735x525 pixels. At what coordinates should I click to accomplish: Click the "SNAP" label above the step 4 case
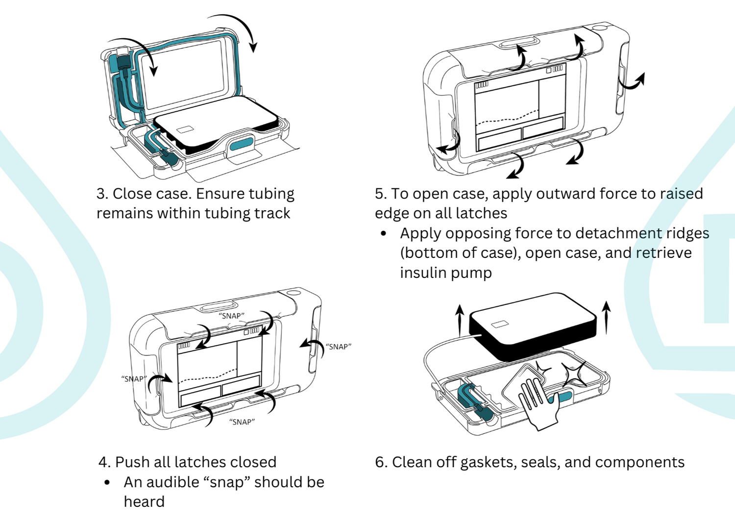coord(231,316)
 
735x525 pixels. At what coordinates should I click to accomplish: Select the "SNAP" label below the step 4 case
coord(242,422)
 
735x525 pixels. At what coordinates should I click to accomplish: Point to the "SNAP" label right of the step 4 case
coord(338,347)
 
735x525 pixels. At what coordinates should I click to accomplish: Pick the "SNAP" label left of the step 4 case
coord(133,379)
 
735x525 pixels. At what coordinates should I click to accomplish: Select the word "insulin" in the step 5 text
coord(421,273)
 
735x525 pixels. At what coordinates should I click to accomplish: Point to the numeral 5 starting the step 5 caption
coord(379,194)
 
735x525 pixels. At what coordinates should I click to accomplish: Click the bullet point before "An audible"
coord(107,483)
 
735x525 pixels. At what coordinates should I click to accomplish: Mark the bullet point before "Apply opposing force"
coord(384,234)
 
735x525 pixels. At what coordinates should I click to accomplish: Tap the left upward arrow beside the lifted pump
coord(459,319)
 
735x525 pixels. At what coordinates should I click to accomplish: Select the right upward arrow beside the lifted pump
coord(606,317)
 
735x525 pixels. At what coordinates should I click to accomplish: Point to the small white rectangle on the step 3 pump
coord(185,129)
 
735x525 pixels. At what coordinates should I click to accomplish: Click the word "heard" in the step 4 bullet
coord(144,501)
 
